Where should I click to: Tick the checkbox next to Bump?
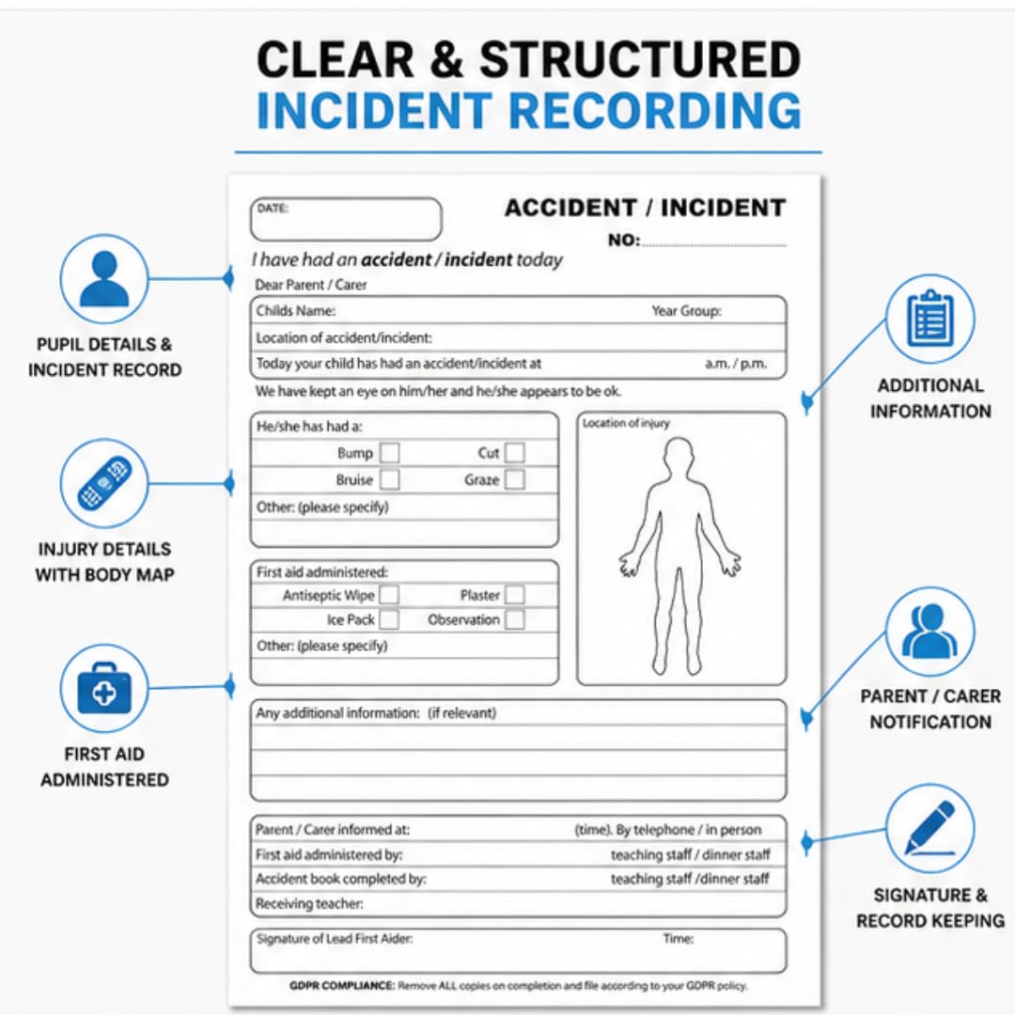pyautogui.click(x=389, y=452)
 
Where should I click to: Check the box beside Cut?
pyautogui.click(x=515, y=452)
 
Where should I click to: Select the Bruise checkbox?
pyautogui.click(x=389, y=479)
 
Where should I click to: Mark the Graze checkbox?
pyautogui.click(x=515, y=479)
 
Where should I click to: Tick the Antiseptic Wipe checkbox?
pyautogui.click(x=388, y=595)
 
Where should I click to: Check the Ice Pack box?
pyautogui.click(x=388, y=619)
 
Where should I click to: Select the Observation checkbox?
pyautogui.click(x=515, y=619)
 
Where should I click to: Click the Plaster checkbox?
pyautogui.click(x=515, y=595)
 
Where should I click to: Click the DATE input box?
pyautogui.click(x=346, y=219)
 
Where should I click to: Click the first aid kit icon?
pyautogui.click(x=104, y=687)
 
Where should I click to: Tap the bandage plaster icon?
pyautogui.click(x=104, y=483)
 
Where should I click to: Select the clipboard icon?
pyautogui.click(x=930, y=319)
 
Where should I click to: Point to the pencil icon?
pyautogui.click(x=930, y=828)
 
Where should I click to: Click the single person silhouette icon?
pyautogui.click(x=104, y=279)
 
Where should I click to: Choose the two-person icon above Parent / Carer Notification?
pyautogui.click(x=929, y=631)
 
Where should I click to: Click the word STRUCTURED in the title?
pyautogui.click(x=640, y=59)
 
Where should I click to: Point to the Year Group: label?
pyautogui.click(x=686, y=311)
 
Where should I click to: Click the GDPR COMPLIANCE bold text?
pyautogui.click(x=342, y=986)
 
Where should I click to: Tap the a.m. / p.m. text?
pyautogui.click(x=736, y=364)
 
